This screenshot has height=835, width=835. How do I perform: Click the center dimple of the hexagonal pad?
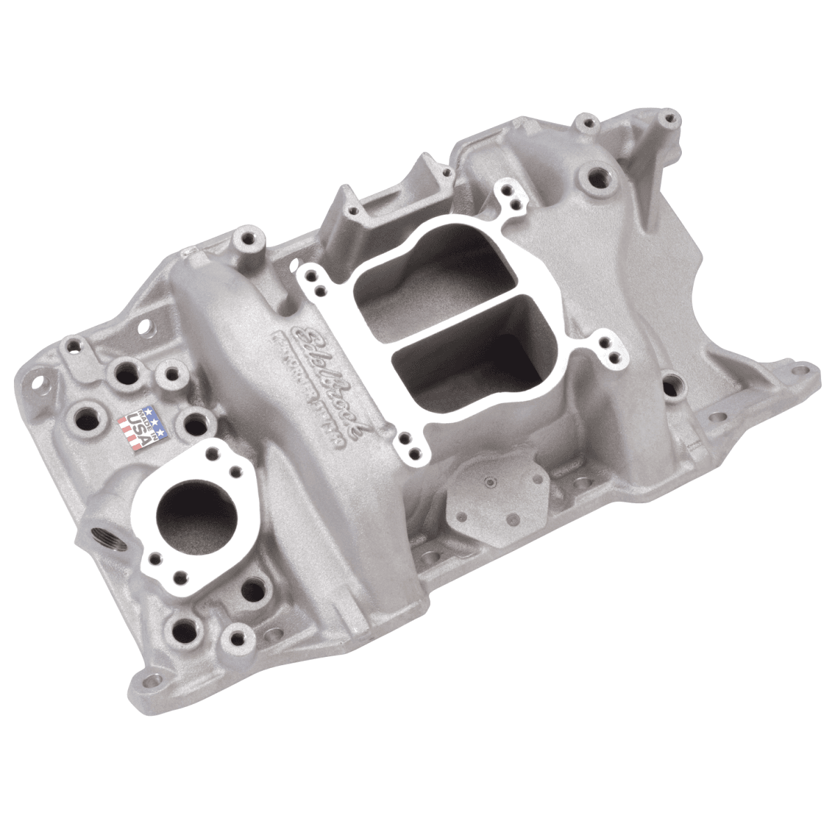coord(492,482)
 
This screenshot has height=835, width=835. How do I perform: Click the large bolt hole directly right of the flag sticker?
coord(198,421)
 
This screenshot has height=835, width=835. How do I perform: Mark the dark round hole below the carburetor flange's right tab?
coord(671,383)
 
